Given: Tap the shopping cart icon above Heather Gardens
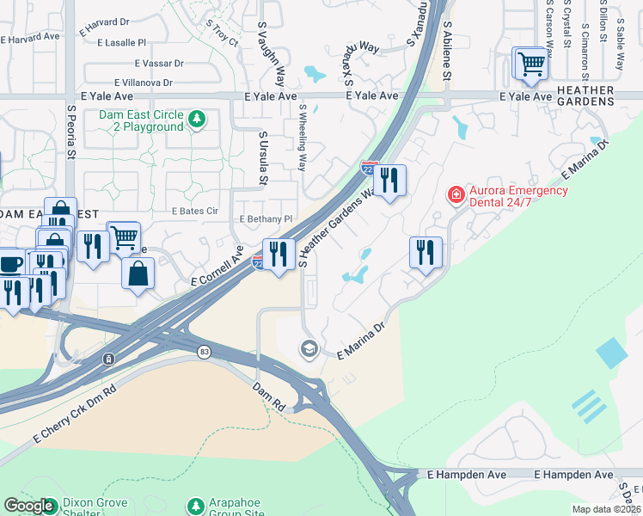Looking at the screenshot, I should point(531,64).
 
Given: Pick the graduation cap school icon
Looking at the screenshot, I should point(308,348).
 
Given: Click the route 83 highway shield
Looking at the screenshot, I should point(204,352).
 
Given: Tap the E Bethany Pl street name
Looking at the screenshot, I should point(266,219).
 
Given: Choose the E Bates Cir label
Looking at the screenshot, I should point(195,211).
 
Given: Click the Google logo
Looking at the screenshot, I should point(28,506).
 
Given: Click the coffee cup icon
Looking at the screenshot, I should point(10,262).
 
